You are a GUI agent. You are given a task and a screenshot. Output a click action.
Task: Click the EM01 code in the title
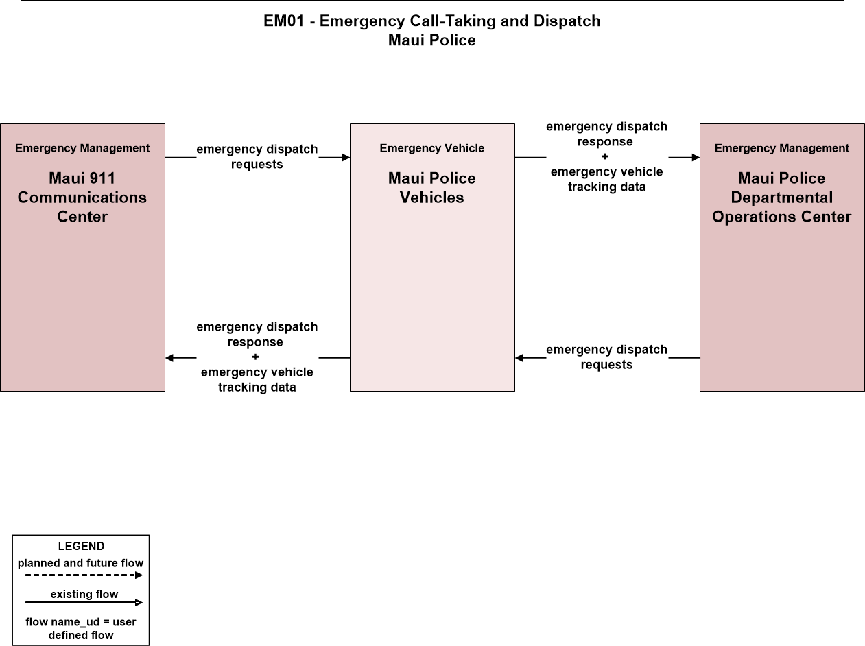284,21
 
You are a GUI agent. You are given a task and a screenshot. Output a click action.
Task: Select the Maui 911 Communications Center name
82,198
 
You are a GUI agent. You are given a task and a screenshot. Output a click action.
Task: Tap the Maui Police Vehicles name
432,188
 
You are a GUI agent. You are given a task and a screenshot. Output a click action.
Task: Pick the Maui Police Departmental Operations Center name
781,198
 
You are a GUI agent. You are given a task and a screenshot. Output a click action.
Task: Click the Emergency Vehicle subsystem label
432,148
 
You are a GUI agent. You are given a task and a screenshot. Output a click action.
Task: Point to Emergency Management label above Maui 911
82,148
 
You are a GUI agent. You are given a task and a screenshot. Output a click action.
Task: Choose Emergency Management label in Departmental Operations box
782,148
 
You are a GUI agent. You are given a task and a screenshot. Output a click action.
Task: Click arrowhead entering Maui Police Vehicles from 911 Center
346,158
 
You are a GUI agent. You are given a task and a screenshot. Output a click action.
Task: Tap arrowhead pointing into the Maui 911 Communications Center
169,358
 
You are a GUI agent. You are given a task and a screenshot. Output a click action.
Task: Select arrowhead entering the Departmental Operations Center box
696,158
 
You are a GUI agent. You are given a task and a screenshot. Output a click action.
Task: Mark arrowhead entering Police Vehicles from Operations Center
519,358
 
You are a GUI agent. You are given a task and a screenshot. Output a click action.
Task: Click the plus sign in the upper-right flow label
605,156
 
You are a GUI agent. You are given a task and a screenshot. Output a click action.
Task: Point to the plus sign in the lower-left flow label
255,357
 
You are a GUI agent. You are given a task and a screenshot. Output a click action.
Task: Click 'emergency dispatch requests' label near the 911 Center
257,156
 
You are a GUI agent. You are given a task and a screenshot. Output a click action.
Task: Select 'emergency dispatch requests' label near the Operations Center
607,357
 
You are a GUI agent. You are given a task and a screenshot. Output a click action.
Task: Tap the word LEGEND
81,546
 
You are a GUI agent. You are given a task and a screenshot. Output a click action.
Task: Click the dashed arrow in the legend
84,575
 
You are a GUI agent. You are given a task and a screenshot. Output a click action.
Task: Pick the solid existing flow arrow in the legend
84,602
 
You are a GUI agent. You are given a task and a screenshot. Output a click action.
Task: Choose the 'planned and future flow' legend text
80,563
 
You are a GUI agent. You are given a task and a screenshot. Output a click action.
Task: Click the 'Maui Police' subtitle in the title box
432,40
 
